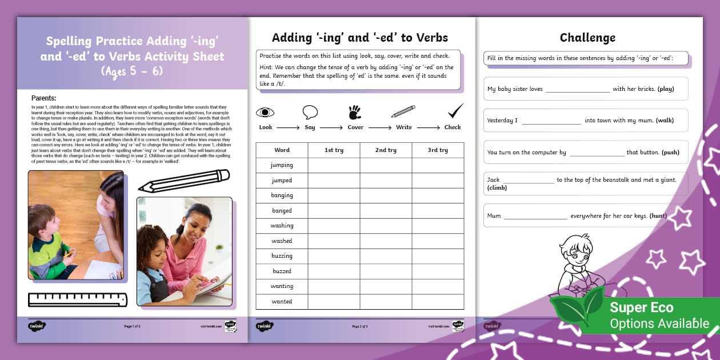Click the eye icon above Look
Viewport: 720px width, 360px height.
pos(265,112)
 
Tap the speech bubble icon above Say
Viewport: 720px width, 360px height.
pos(310,112)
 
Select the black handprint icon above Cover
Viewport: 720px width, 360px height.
pos(355,111)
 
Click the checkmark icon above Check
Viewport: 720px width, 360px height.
pos(455,111)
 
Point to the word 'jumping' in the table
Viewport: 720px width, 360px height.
pos(282,165)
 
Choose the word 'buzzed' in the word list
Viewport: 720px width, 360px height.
pos(282,271)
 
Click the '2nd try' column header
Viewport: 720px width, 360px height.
pos(386,150)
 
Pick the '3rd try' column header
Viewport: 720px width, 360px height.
pos(438,150)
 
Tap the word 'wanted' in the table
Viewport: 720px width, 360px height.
pos(282,302)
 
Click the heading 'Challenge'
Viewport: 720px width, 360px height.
pos(587,38)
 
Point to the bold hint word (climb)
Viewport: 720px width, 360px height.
pos(497,188)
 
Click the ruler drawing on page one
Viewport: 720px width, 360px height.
pos(78,299)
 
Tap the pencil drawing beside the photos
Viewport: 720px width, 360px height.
pos(183,181)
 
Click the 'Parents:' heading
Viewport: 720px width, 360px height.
pos(43,98)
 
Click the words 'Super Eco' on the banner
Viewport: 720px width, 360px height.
pos(641,307)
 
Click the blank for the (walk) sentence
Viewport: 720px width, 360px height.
pos(551,121)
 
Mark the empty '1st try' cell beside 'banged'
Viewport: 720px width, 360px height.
pos(334,211)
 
